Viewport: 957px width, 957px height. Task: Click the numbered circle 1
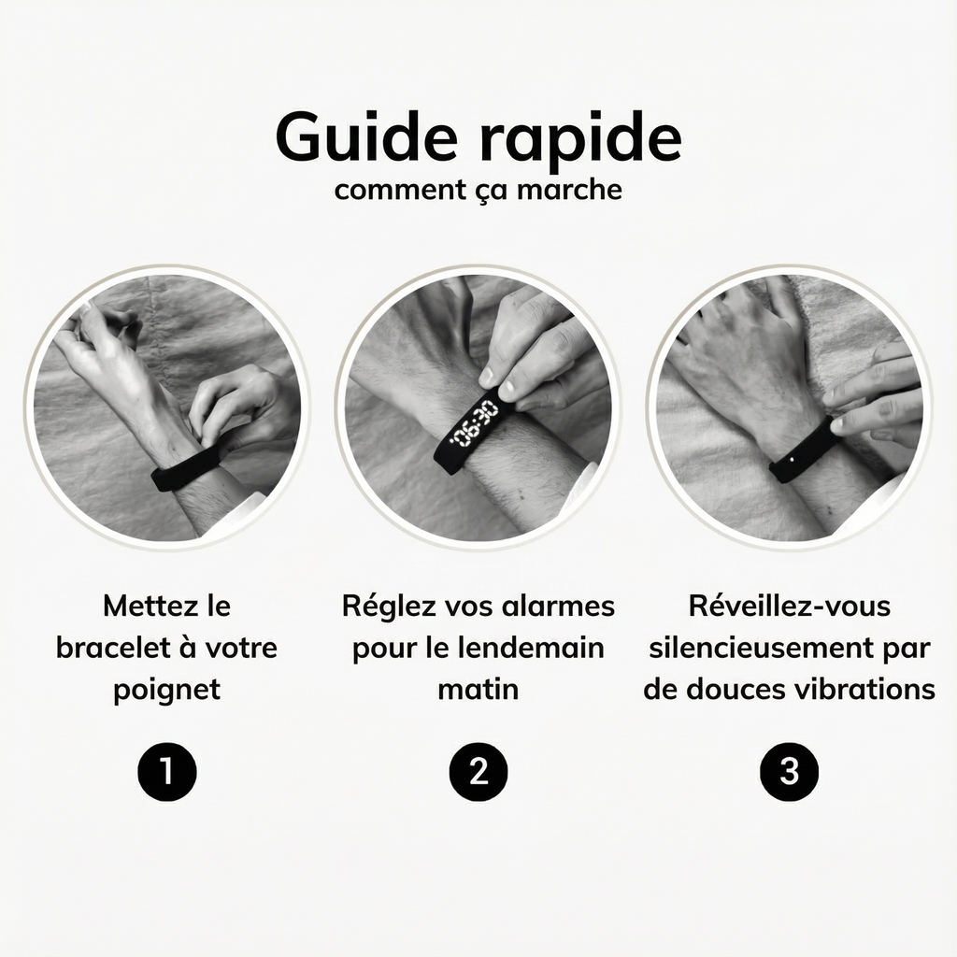pyautogui.click(x=167, y=772)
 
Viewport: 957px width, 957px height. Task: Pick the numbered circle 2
pyautogui.click(x=478, y=772)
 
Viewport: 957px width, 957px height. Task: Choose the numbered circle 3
pyautogui.click(x=790, y=772)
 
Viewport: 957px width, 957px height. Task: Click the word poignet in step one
pyautogui.click(x=167, y=690)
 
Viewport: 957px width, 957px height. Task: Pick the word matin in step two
pyautogui.click(x=478, y=690)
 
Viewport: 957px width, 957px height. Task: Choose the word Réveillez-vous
pyautogui.click(x=790, y=606)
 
